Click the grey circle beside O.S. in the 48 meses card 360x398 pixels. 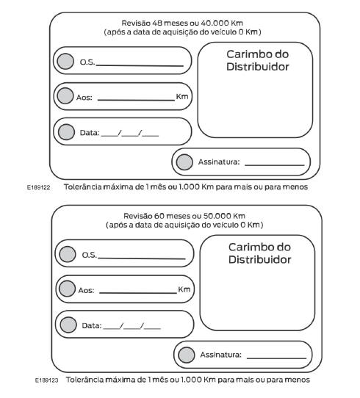[66, 62]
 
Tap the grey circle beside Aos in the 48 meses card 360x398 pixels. [64, 96]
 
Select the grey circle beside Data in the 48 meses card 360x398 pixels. [66, 132]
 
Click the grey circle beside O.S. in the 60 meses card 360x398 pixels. [68, 255]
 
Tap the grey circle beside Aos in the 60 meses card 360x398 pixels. [66, 289]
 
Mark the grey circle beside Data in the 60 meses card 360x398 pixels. [68, 324]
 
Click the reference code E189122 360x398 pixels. [37, 187]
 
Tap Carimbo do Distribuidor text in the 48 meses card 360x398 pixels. [256, 60]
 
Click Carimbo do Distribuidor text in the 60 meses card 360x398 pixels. [259, 253]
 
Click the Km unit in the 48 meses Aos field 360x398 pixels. [181, 96]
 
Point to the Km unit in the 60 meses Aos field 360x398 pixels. [184, 289]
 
